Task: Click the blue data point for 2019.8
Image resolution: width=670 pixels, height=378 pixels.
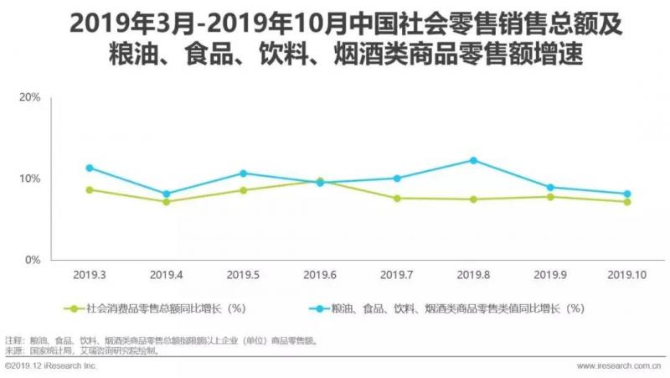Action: click(x=472, y=160)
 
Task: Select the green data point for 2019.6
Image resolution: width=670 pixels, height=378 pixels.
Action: click(x=319, y=181)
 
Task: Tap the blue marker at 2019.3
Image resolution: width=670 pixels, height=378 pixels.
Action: click(x=90, y=168)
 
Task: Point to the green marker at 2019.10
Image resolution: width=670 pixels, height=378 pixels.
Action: click(x=626, y=202)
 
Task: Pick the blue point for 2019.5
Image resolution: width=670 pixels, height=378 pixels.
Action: click(x=243, y=173)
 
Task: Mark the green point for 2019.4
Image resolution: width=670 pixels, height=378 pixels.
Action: click(x=166, y=202)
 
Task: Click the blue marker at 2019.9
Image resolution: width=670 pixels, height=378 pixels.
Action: click(x=549, y=188)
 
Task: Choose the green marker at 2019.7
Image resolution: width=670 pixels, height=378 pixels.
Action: click(x=396, y=199)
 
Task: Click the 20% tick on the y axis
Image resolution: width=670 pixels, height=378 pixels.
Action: click(x=30, y=98)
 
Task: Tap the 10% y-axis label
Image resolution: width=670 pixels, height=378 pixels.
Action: click(x=30, y=179)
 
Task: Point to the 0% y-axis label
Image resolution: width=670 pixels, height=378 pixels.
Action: click(x=33, y=261)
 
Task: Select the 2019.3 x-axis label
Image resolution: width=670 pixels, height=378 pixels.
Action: click(x=89, y=275)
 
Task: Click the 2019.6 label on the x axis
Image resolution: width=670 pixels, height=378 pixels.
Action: click(x=319, y=275)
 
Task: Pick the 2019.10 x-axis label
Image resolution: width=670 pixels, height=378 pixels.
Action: click(x=626, y=275)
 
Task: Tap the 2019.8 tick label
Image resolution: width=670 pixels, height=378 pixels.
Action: click(x=472, y=275)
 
